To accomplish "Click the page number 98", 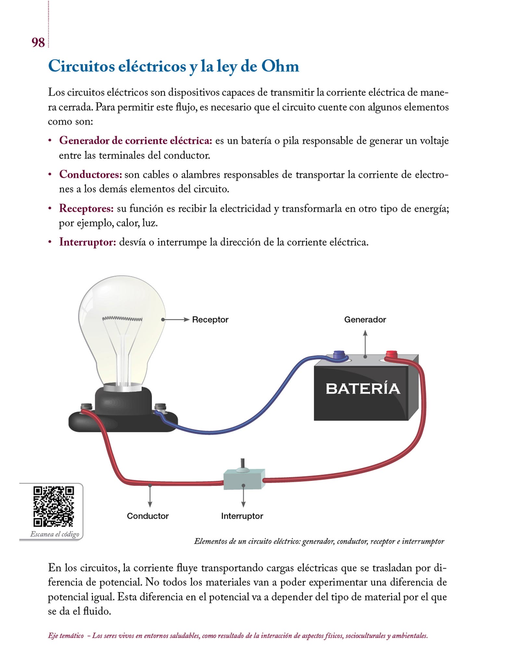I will click(x=38, y=43).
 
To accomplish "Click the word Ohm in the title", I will click(x=280, y=66).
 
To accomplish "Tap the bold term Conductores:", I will click(x=90, y=175).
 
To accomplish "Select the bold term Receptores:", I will click(x=86, y=208).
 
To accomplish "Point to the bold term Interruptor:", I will click(x=87, y=242).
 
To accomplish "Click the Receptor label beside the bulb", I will click(x=210, y=320).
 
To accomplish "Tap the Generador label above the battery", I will click(x=365, y=320).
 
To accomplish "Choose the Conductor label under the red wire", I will click(x=147, y=516).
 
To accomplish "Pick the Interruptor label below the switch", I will click(x=242, y=516).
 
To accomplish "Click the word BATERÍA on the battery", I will click(x=363, y=389).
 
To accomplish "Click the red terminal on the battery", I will click(x=391, y=354).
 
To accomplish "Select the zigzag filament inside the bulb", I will click(x=122, y=319).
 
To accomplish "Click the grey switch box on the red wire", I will click(x=244, y=479).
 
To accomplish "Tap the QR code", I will click(x=54, y=506).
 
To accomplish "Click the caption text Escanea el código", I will click(x=55, y=534).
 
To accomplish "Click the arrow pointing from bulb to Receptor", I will click(x=176, y=320).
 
